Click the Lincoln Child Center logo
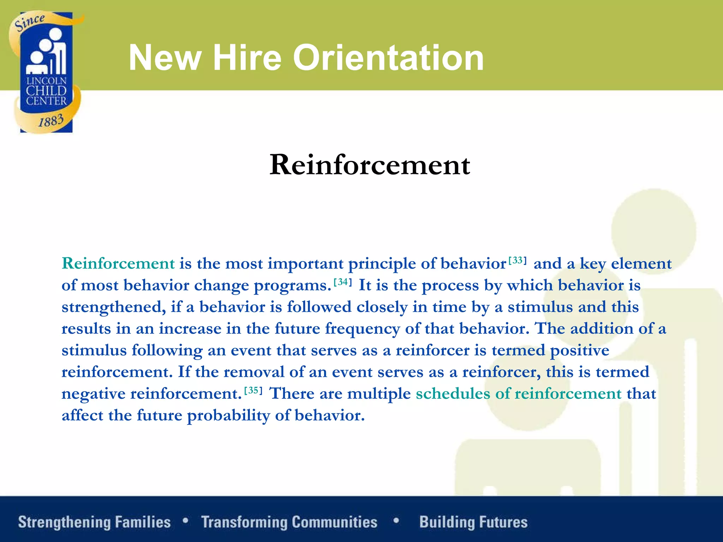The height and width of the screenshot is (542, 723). click(x=46, y=72)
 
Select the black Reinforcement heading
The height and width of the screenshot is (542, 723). click(x=370, y=165)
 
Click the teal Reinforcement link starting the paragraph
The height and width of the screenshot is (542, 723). click(x=118, y=264)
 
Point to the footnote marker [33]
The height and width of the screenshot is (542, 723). click(x=518, y=261)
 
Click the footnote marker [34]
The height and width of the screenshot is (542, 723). click(x=343, y=282)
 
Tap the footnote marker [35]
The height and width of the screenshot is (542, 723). click(x=253, y=391)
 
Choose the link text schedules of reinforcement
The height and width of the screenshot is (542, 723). click(x=518, y=393)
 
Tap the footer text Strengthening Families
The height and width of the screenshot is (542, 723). click(x=94, y=522)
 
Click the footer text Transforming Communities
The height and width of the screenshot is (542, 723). click(x=289, y=522)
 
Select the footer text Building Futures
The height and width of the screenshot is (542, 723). click(x=473, y=522)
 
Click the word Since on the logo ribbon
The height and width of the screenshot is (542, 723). click(x=30, y=22)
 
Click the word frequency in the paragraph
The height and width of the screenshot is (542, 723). click(x=362, y=329)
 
